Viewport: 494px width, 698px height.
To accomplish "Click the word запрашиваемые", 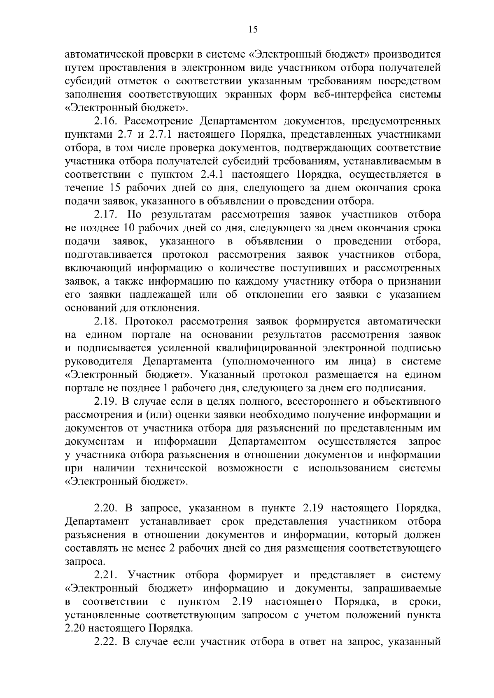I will pos(402,588).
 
